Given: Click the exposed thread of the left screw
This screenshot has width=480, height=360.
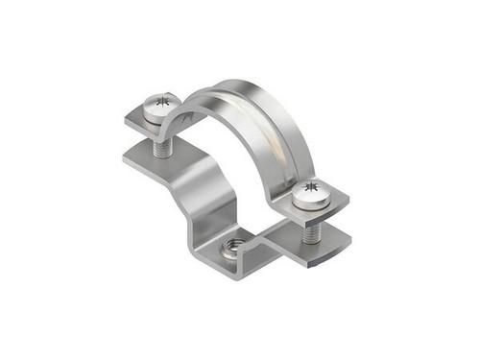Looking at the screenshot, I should [x=158, y=145].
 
